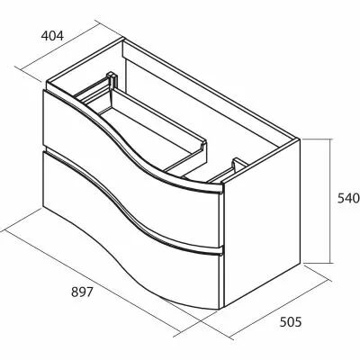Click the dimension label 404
pyautogui.click(x=52, y=36)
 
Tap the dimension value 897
pyautogui.click(x=82, y=292)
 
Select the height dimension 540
pyautogui.click(x=348, y=198)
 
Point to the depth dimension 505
pyautogui.click(x=291, y=322)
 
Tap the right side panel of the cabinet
pyautogui.click(x=262, y=222)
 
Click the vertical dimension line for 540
pyautogui.click(x=330, y=201)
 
